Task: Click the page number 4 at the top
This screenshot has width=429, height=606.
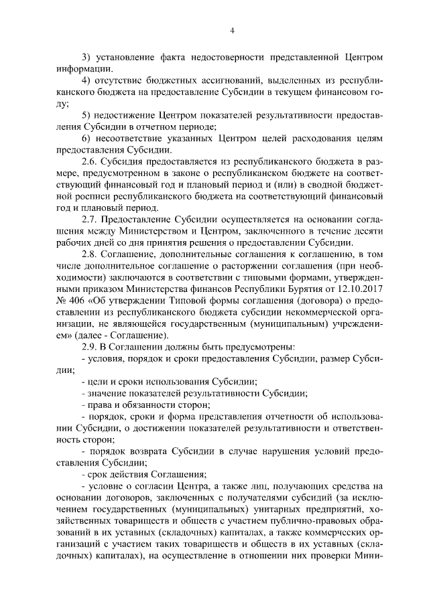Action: pos(231,30)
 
